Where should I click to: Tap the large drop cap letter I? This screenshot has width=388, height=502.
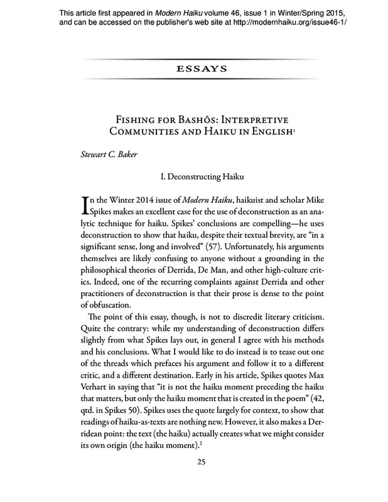point(87,206)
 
